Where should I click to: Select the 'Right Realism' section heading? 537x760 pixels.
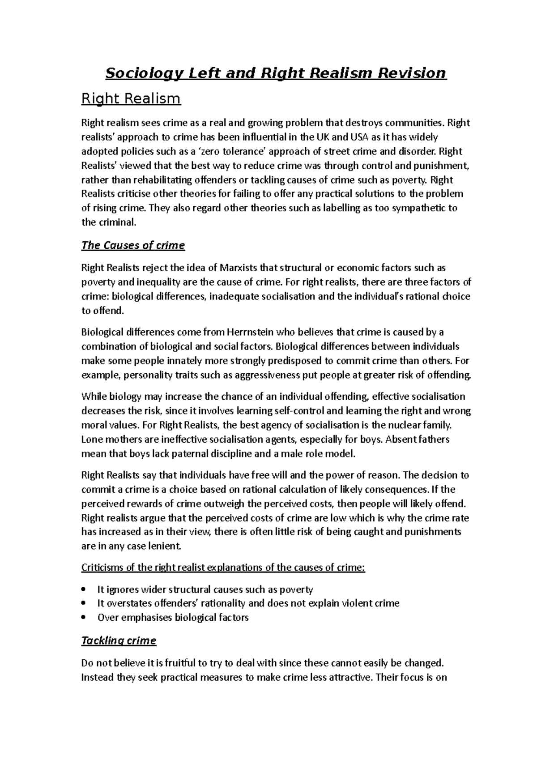click(131, 98)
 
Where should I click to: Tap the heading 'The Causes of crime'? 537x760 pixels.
click(133, 245)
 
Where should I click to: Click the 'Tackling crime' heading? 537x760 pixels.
click(119, 640)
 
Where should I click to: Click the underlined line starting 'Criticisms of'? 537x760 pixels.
click(223, 568)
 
